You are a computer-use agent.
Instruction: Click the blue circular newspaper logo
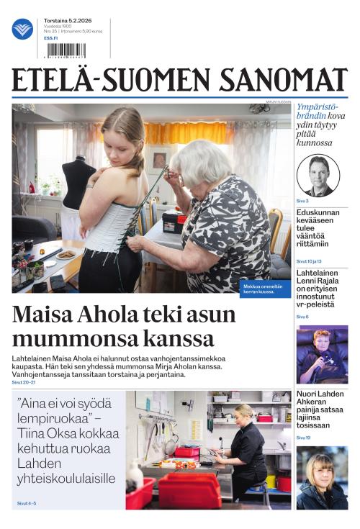click(x=22, y=29)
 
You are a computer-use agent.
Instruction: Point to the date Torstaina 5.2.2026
click(x=66, y=22)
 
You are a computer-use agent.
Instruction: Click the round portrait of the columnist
click(x=318, y=175)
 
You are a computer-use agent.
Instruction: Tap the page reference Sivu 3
click(x=302, y=201)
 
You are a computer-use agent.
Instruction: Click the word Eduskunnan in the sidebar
click(x=322, y=213)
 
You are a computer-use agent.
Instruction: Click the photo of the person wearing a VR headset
click(x=322, y=353)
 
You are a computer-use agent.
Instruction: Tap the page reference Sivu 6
click(x=302, y=317)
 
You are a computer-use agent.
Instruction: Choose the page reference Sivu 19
click(x=303, y=438)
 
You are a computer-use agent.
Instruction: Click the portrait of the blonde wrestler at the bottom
click(x=322, y=477)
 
